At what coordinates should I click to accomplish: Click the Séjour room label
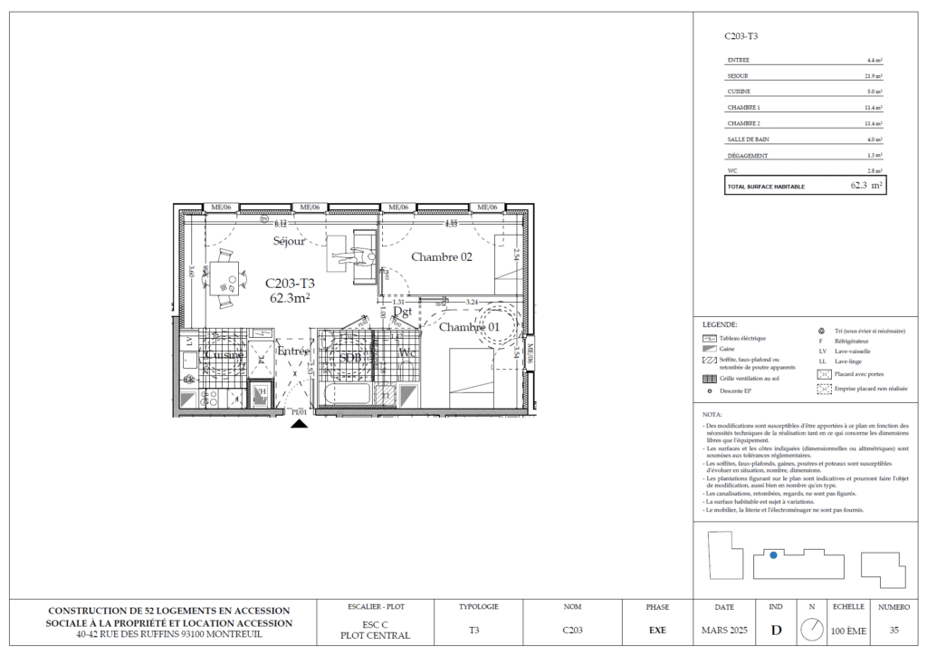click(290, 241)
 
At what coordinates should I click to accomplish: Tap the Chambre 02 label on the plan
click(442, 257)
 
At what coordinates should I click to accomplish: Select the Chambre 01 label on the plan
click(469, 327)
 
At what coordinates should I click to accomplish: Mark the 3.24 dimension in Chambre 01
click(471, 301)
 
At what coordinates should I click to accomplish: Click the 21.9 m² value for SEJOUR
click(874, 76)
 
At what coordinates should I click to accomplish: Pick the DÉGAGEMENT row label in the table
click(748, 156)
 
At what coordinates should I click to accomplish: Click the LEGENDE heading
click(720, 323)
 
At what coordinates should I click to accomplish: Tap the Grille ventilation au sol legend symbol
click(709, 379)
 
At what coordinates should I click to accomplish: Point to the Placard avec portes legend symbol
click(824, 373)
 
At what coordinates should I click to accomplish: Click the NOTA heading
click(712, 412)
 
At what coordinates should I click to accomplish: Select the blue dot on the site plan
click(773, 555)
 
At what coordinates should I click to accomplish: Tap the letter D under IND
click(776, 627)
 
